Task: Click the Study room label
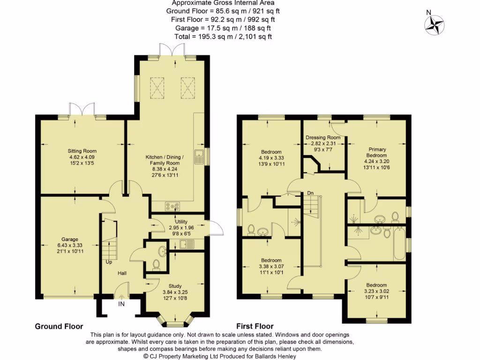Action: [x=175, y=286]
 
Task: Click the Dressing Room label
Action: [x=323, y=137]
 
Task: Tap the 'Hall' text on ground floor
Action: [x=122, y=273]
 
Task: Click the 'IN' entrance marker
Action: [x=121, y=305]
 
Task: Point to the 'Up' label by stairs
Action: [x=108, y=262]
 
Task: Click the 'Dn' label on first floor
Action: [x=310, y=193]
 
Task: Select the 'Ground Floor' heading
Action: [x=59, y=326]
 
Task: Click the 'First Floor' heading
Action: [x=255, y=326]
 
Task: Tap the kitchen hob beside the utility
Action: [x=172, y=206]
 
